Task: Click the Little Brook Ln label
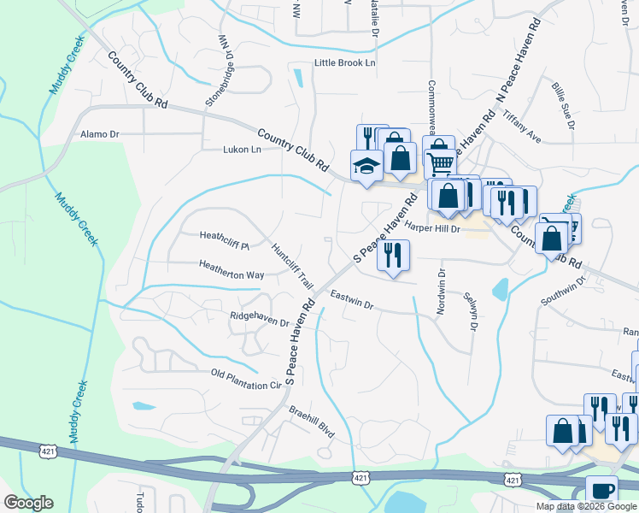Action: (345, 63)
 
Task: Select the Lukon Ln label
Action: (241, 148)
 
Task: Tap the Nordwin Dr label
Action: (442, 292)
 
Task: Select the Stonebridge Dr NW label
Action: (218, 72)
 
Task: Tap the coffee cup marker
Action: (601, 489)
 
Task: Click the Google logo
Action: (28, 503)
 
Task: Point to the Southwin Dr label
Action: (563, 291)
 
